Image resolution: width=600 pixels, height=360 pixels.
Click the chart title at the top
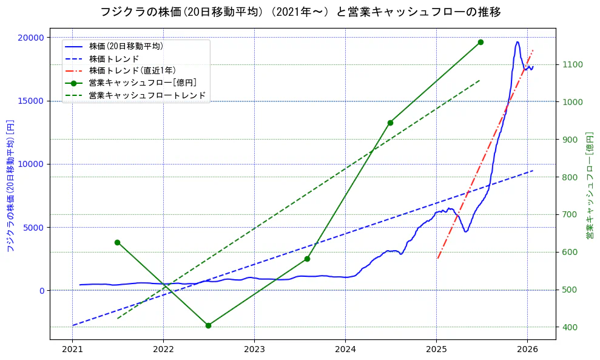click(x=300, y=12)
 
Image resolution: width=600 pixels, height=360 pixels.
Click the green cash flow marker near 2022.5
click(x=208, y=325)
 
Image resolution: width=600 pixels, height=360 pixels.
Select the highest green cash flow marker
click(x=480, y=42)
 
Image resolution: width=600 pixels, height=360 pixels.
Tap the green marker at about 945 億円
click(x=390, y=123)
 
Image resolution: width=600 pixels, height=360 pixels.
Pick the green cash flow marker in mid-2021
click(x=117, y=242)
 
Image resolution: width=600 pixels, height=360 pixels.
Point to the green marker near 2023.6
click(x=307, y=259)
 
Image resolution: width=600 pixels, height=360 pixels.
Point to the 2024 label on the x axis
click(x=345, y=350)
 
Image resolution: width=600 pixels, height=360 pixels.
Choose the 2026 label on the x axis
click(x=527, y=350)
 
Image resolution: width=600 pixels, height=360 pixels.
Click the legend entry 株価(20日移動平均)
click(x=126, y=46)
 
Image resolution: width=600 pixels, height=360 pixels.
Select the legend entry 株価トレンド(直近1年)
click(x=132, y=70)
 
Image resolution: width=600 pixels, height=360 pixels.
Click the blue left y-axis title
click(x=10, y=186)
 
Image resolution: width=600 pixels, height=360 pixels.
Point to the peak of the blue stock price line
click(x=517, y=42)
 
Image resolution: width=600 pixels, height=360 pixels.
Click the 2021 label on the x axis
click(x=72, y=350)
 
